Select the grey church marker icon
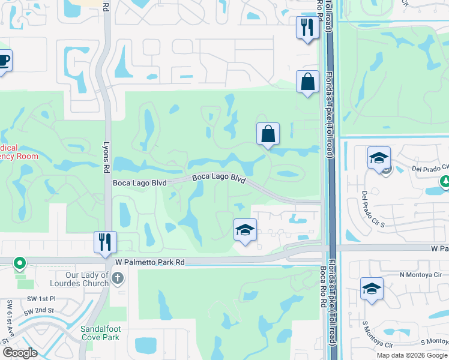(118, 278)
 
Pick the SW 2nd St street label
(38, 311)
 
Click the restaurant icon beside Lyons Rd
(105, 242)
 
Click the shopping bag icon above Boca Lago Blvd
(268, 134)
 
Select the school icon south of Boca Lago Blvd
(245, 230)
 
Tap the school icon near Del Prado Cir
(379, 158)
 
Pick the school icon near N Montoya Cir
(372, 289)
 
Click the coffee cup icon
(3, 61)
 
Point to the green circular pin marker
(20, 263)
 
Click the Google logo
(20, 353)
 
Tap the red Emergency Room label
(18, 152)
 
